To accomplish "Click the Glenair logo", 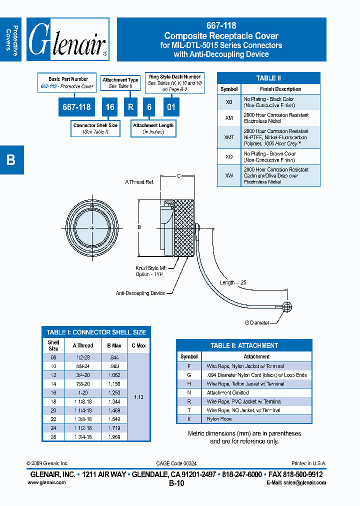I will point(67,39).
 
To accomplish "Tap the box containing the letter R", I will point(130,107).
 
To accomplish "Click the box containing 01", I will point(171,107).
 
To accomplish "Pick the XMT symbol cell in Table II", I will point(229,137).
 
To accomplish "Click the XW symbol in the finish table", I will point(229,175).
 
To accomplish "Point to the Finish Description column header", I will point(280,89).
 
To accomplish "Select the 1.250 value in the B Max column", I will point(114,393).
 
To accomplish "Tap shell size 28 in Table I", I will point(53,436).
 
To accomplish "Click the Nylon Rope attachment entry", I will point(219,418).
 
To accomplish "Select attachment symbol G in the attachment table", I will point(189,375).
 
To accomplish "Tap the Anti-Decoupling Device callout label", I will point(140,293).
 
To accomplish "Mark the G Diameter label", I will point(257,322).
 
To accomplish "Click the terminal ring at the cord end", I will point(287,307).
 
